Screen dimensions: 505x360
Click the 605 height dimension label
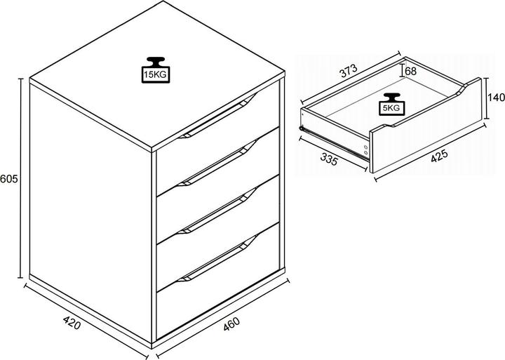tap(8, 179)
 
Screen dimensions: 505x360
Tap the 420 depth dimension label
tap(72, 323)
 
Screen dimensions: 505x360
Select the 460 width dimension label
tap(231, 324)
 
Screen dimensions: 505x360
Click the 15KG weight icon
tap(156, 70)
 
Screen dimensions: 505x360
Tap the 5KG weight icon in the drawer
tap(391, 104)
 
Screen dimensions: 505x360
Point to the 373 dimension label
tap(349, 71)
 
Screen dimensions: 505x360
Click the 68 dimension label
tap(410, 71)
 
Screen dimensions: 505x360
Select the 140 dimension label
tap(497, 98)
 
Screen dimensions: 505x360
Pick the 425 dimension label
tap(439, 156)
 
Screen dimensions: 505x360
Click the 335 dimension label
tap(329, 159)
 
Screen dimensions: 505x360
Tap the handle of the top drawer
tap(217, 116)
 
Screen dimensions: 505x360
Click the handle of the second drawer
tap(217, 163)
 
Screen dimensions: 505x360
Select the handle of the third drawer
tap(217, 211)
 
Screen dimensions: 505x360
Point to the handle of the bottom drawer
tap(217, 258)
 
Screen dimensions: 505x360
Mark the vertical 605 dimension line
tap(21, 178)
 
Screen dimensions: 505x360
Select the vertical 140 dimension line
tap(487, 98)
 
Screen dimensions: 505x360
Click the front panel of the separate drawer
tap(426, 126)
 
